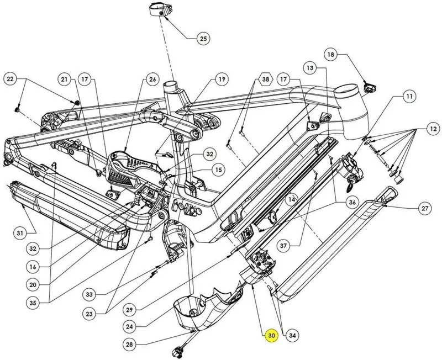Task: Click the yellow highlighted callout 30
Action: click(271, 336)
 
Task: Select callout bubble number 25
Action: click(204, 39)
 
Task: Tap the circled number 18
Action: click(331, 55)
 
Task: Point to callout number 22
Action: click(10, 80)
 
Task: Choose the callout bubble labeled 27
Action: click(424, 209)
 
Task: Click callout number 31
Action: click(20, 233)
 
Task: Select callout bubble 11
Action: click(409, 97)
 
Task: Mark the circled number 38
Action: click(266, 80)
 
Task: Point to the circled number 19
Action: click(222, 80)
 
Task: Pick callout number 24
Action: click(129, 326)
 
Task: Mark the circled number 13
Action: click(310, 68)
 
